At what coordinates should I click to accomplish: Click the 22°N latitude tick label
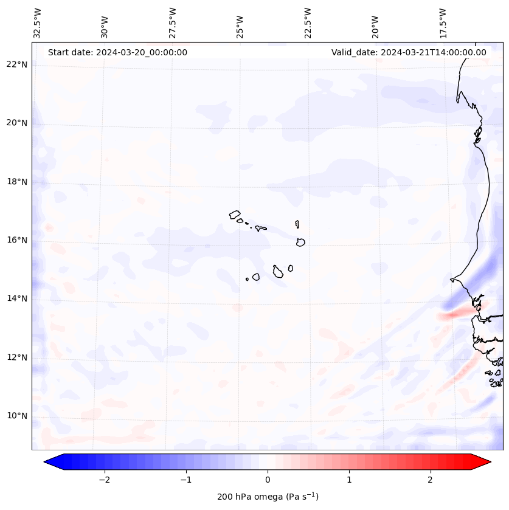tap(17, 64)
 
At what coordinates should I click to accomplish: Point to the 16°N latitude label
tap(17, 240)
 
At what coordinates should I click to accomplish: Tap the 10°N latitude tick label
tap(17, 416)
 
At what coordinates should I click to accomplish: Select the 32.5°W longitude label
tap(38, 22)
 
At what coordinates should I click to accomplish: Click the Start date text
tap(117, 52)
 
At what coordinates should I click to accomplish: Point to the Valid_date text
tap(409, 52)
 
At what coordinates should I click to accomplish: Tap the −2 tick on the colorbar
tap(104, 480)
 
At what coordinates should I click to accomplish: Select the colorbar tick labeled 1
tap(349, 480)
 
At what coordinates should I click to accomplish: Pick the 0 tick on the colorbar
tap(268, 480)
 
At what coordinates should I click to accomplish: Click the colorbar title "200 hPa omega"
tap(268, 497)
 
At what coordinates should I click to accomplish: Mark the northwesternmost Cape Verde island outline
tap(235, 215)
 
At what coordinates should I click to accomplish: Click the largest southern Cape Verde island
tap(278, 271)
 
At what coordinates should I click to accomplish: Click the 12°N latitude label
tap(17, 357)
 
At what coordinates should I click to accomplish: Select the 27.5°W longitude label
tap(173, 22)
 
